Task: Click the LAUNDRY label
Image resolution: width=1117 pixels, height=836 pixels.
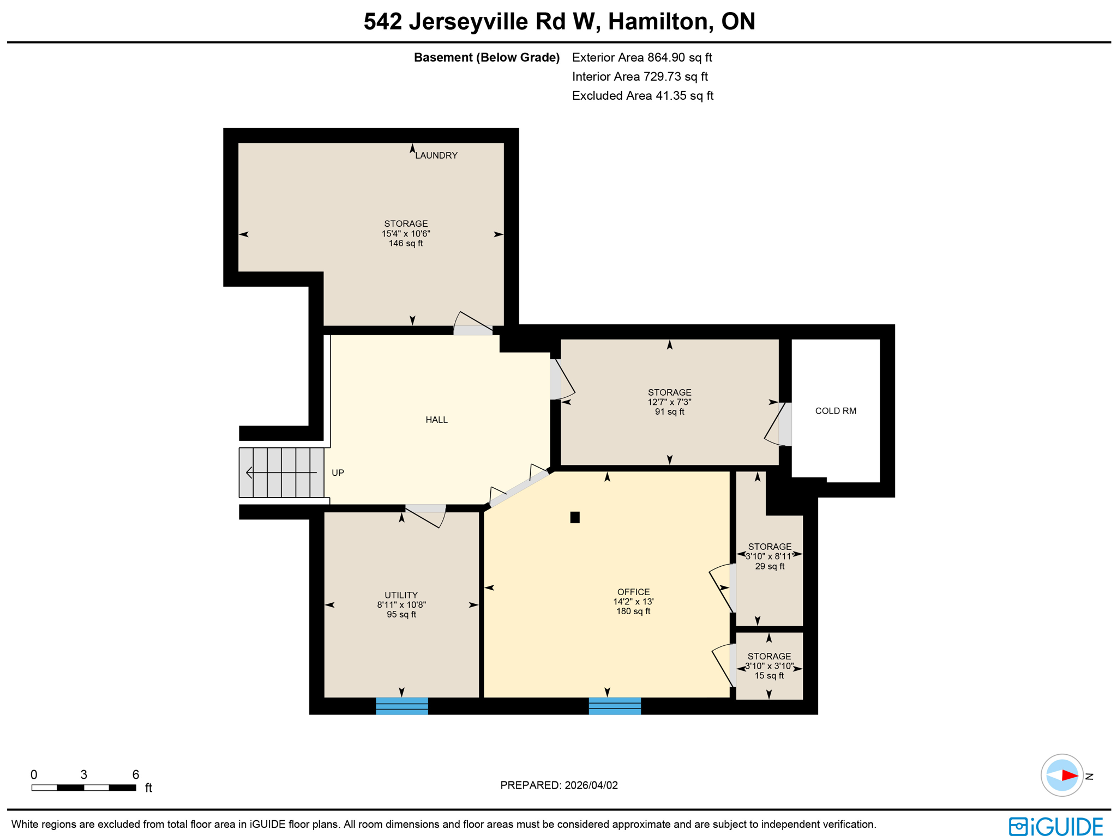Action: [x=436, y=155]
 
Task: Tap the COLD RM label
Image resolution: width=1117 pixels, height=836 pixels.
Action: [x=835, y=411]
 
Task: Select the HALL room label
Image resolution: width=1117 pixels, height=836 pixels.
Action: [x=436, y=420]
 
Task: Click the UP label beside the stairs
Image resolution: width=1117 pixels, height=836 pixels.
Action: [x=338, y=472]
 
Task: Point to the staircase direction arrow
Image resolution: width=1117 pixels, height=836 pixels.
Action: [x=280, y=472]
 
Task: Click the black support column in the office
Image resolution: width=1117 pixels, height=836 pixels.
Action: [x=575, y=517]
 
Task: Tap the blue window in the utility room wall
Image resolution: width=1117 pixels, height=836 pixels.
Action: [x=402, y=706]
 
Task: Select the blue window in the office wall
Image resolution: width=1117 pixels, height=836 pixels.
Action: [x=615, y=706]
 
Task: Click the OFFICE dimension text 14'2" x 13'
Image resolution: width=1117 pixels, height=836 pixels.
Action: [x=633, y=602]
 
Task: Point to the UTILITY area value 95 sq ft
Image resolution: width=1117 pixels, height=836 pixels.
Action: [x=401, y=615]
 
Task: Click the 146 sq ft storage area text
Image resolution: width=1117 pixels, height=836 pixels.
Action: [x=406, y=244]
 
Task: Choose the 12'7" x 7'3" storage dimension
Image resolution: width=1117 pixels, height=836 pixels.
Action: [x=669, y=402]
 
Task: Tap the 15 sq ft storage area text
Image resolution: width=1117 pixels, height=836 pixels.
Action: [x=769, y=676]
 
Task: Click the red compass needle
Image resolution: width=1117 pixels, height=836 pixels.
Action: [x=1070, y=776]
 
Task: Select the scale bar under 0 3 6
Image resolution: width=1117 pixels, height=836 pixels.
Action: [x=83, y=787]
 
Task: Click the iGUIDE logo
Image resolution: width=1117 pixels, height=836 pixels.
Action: [x=1055, y=826]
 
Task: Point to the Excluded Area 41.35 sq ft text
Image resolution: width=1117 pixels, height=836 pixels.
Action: [x=642, y=96]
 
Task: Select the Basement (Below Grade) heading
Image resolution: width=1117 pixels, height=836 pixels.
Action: [x=487, y=58]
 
